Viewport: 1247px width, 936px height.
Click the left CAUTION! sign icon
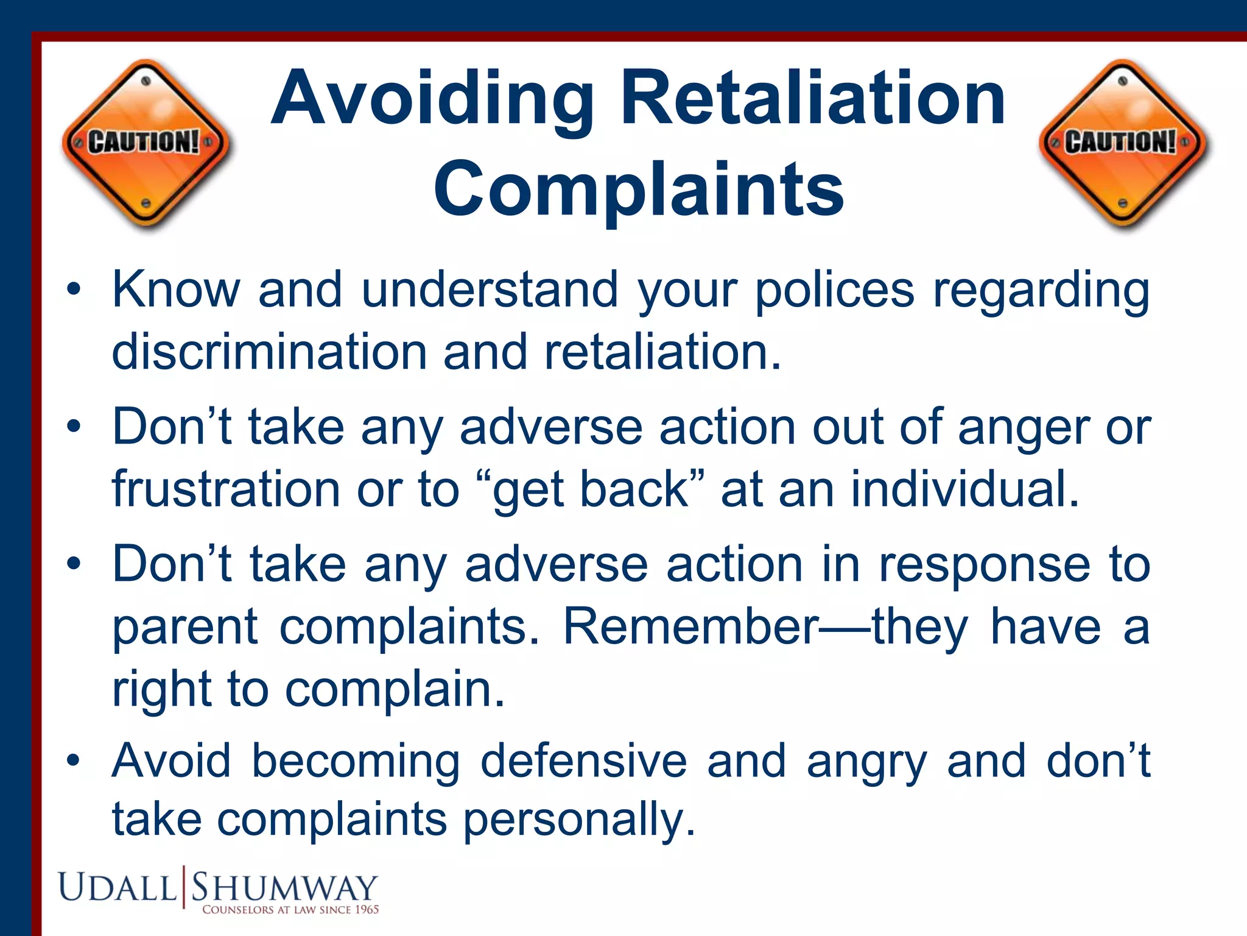point(146,144)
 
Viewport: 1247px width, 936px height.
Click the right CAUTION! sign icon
point(1124,144)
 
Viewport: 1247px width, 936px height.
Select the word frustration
point(226,489)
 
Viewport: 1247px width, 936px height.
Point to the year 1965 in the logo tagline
point(367,910)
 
